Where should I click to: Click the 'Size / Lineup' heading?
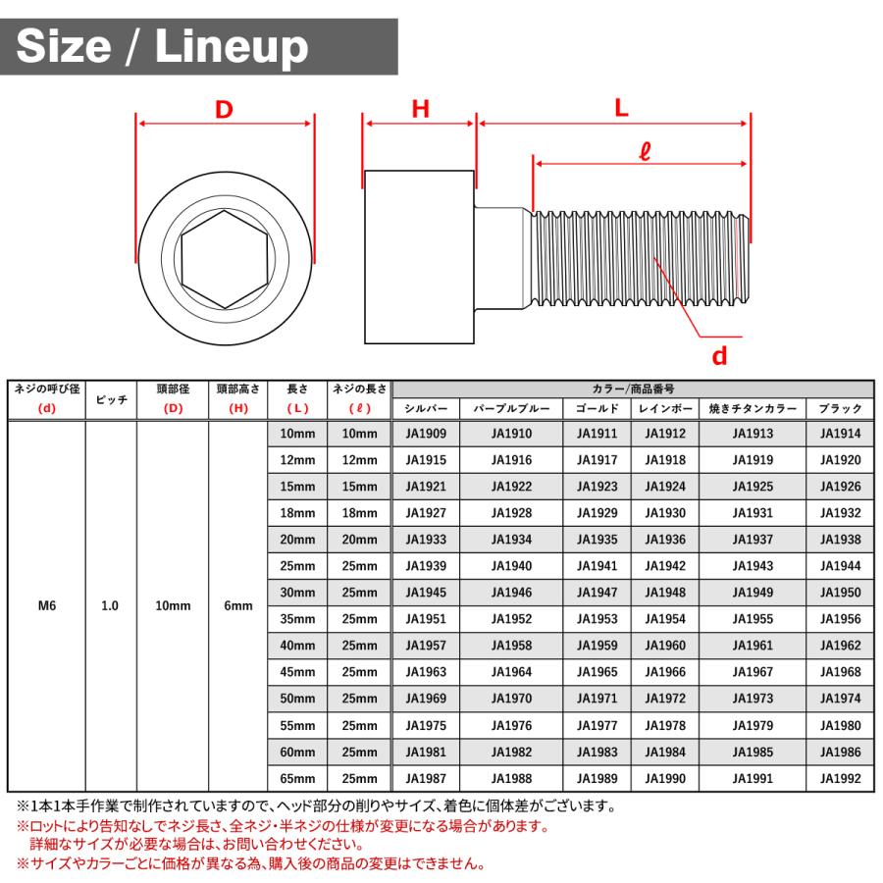pyautogui.click(x=163, y=46)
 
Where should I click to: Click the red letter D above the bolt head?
pyautogui.click(x=224, y=110)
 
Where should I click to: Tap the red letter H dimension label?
pyautogui.click(x=420, y=110)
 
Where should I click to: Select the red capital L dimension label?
pyautogui.click(x=621, y=109)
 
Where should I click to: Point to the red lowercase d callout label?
pyautogui.click(x=719, y=356)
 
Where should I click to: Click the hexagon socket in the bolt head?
pyautogui.click(x=225, y=259)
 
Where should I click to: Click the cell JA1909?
pyautogui.click(x=426, y=434)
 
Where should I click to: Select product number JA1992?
pyautogui.click(x=840, y=779)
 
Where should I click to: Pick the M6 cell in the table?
pyautogui.click(x=46, y=606)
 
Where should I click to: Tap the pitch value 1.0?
pyautogui.click(x=110, y=606)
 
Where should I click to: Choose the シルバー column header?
pyautogui.click(x=426, y=408)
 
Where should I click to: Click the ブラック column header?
pyautogui.click(x=840, y=408)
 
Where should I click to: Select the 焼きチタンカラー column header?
pyautogui.click(x=753, y=408)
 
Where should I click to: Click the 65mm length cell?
pyautogui.click(x=297, y=779)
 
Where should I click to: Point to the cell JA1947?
pyautogui.click(x=597, y=593)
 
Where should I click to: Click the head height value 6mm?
pyautogui.click(x=238, y=606)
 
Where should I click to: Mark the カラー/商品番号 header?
pyautogui.click(x=633, y=389)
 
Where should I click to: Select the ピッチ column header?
pyautogui.click(x=110, y=399)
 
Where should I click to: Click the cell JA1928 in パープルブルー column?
pyautogui.click(x=511, y=513)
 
